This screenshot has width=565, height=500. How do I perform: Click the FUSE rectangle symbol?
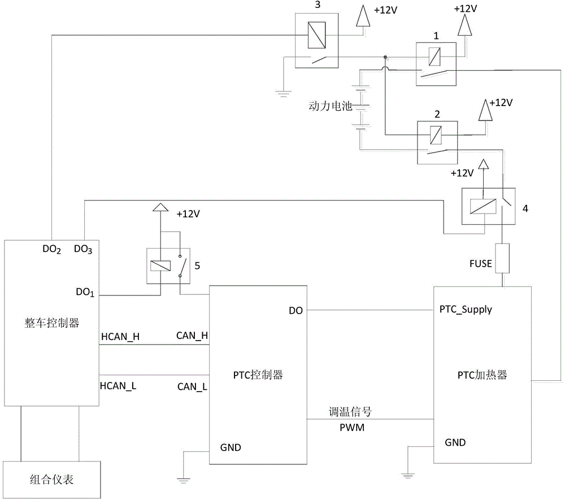(x=501, y=258)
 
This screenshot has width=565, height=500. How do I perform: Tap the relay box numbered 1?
(x=436, y=63)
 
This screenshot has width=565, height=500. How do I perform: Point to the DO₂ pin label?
(x=51, y=250)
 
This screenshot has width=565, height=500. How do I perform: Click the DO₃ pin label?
(x=84, y=250)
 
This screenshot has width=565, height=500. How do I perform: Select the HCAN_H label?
(x=120, y=337)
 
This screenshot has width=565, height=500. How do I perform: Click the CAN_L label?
(x=192, y=386)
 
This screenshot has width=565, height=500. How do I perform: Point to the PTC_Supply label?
(x=466, y=310)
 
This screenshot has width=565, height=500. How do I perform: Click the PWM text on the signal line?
(x=353, y=428)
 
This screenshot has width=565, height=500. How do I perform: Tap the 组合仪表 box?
(x=52, y=480)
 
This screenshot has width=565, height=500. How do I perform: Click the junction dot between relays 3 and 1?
(x=385, y=57)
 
